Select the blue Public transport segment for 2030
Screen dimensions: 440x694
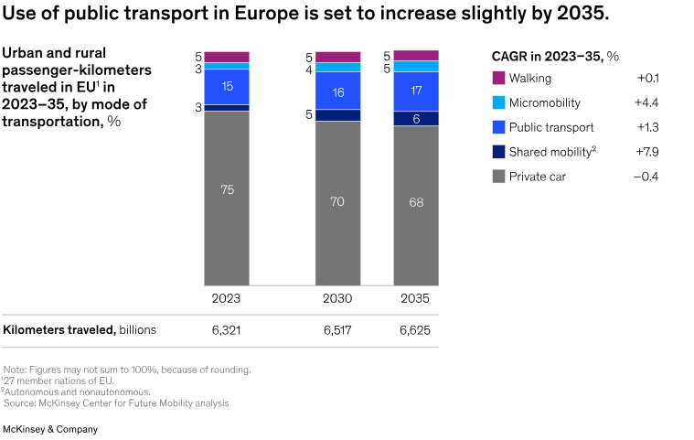337,91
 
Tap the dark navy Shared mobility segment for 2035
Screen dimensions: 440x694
416,119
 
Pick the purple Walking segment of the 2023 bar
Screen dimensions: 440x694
227,57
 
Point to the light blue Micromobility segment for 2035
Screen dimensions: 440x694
416,67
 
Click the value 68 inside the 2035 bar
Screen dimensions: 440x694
416,202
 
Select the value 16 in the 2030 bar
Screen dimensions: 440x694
337,92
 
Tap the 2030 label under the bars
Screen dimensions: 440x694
337,299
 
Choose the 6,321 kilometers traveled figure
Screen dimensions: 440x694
226,330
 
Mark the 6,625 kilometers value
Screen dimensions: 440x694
415,330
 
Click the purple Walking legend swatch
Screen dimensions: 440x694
498,78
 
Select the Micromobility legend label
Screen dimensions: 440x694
545,102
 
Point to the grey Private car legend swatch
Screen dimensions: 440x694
498,177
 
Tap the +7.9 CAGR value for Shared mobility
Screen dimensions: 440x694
646,152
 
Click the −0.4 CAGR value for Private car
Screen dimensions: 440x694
646,177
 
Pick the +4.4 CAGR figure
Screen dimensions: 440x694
646,102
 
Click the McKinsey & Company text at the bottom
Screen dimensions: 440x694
50,428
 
